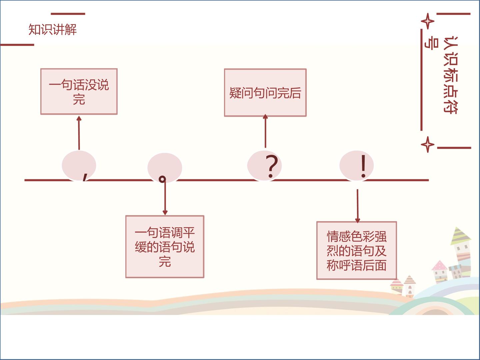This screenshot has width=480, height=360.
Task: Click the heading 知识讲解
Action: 52,30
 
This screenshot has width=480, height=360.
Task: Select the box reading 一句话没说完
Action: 79,91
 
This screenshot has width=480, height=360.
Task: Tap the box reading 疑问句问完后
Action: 265,92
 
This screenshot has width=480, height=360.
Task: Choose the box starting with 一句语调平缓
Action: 165,247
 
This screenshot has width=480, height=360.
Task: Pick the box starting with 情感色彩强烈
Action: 357,250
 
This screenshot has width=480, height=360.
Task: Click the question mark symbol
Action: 271,166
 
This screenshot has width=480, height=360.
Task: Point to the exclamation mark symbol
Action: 363,166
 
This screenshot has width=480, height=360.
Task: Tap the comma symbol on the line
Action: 85,177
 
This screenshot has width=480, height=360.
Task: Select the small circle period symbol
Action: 162,179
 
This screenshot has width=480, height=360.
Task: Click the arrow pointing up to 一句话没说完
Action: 79,133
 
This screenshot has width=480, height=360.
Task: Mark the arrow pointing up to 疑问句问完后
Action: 265,131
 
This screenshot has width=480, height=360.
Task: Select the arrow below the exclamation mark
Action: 358,206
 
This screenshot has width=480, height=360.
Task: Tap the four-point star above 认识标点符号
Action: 428,21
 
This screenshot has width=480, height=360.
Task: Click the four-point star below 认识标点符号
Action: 428,144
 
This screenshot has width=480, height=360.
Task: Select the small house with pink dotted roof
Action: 440,271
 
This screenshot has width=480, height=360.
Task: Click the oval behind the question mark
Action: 264,165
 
